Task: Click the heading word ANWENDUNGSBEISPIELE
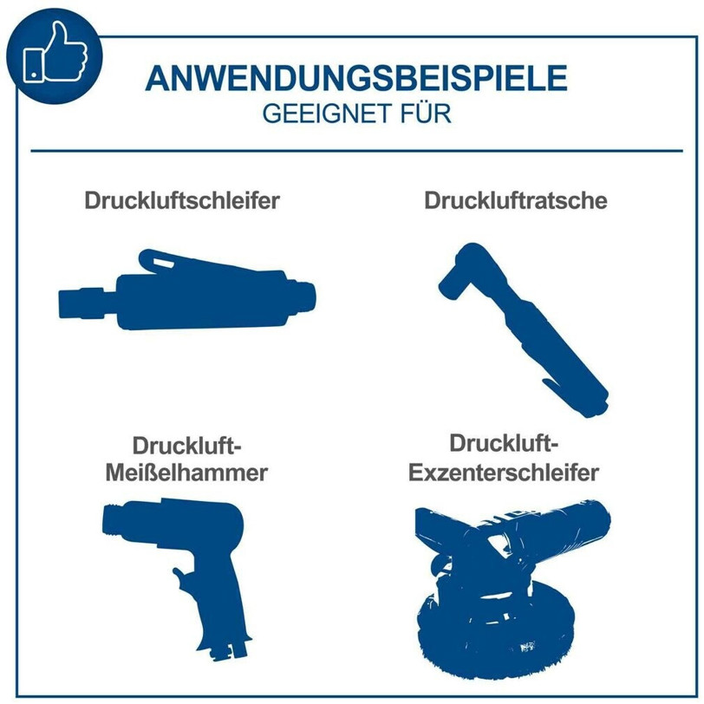point(356,78)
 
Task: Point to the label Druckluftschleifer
point(182,200)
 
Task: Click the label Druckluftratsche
point(515,200)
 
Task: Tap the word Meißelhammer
point(186,473)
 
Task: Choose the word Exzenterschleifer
point(504,473)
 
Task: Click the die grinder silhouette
point(187,292)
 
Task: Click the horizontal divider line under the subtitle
point(356,151)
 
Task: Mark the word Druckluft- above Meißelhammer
point(186,446)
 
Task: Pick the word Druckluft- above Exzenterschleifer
point(504,444)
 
